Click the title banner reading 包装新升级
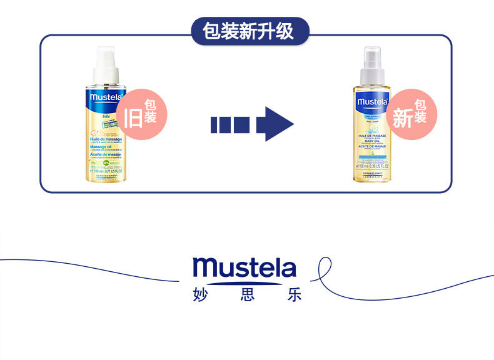click(248, 31)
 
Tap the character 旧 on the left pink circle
click(133, 117)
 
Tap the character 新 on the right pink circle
click(402, 117)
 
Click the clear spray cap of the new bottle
click(373, 63)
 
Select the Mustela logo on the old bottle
click(103, 97)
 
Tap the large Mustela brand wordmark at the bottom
click(244, 267)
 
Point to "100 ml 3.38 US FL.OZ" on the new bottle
click(373, 167)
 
